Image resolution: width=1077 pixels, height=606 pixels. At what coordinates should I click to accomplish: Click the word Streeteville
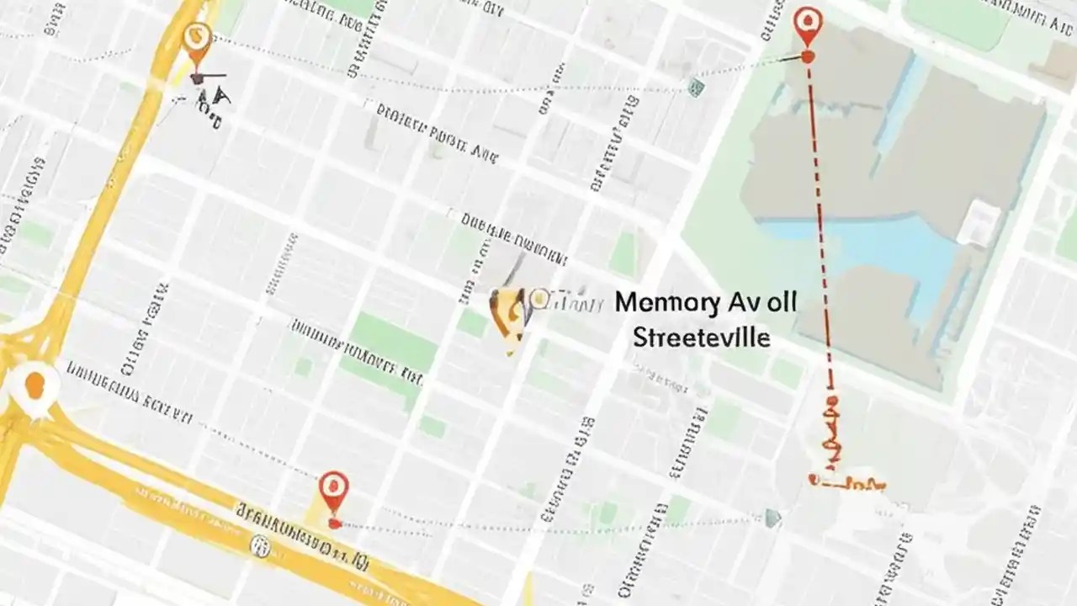(x=701, y=338)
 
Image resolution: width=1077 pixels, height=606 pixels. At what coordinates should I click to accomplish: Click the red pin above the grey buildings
(x=808, y=25)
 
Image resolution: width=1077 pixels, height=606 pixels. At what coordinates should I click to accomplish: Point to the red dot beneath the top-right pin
(x=808, y=57)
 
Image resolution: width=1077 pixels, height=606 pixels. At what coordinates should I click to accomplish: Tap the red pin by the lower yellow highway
(x=334, y=489)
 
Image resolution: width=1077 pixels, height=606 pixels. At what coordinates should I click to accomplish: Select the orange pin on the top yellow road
(x=196, y=40)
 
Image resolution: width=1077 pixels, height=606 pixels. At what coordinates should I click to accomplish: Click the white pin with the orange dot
(x=34, y=387)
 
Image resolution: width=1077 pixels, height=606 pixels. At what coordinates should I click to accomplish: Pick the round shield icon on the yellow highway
(x=261, y=547)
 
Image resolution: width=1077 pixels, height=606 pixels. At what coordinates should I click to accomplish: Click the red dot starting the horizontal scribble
(x=814, y=479)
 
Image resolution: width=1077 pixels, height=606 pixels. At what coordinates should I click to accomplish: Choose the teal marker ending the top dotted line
(x=695, y=87)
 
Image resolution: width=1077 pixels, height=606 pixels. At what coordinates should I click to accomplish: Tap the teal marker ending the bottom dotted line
(x=772, y=518)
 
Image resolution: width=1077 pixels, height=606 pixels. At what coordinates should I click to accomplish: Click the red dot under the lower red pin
(x=334, y=524)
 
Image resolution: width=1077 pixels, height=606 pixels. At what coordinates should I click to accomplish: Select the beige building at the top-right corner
(x=1056, y=63)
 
